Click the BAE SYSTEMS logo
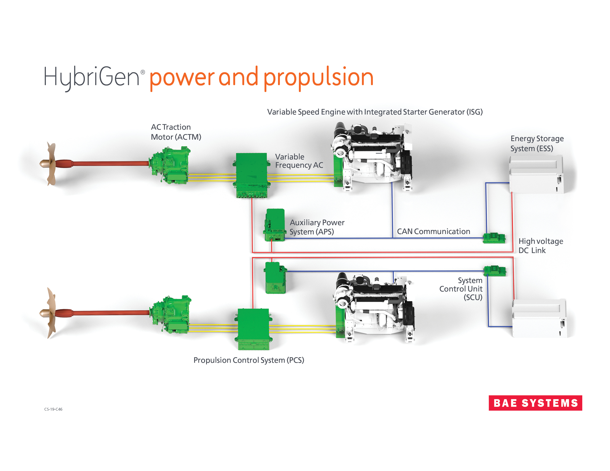[535, 403]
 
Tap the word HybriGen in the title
[92, 77]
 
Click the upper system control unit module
[494, 238]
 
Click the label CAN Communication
[433, 231]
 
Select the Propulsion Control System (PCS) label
[249, 360]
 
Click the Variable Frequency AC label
[299, 161]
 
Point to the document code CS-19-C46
[53, 409]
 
